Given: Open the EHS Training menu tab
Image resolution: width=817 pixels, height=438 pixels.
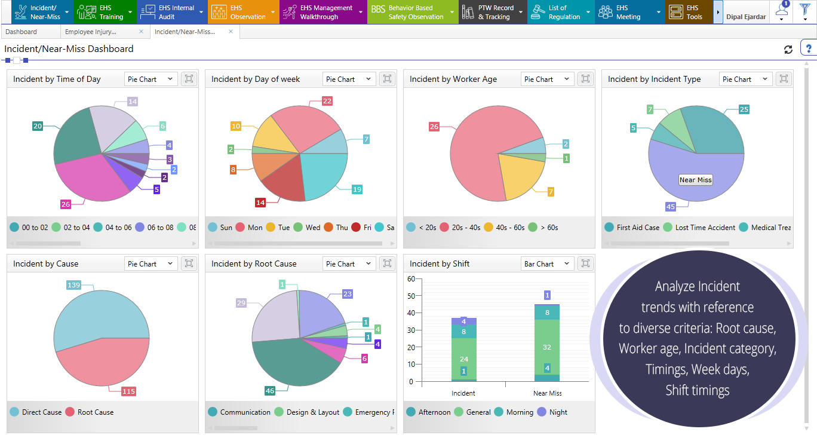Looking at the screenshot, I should pos(104,12).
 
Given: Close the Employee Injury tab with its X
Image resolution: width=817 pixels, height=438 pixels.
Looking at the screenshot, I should pos(142,32).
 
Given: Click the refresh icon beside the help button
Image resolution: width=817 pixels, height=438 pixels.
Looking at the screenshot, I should pos(788,50).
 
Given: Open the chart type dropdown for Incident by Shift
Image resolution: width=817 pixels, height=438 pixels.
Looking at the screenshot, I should pos(548,264).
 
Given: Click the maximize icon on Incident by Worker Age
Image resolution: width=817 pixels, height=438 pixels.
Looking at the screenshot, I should pos(585,79).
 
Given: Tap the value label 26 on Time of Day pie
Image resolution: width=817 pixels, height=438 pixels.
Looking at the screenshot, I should pos(66,204).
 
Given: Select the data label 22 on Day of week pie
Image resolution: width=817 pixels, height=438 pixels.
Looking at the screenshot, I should pos(327,101).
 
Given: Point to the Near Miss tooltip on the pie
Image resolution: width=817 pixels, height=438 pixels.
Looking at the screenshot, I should pos(696,180).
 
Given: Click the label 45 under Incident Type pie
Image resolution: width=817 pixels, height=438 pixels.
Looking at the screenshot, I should pos(671,207).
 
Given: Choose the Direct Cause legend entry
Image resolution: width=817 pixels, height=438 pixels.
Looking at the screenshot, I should pos(36,412).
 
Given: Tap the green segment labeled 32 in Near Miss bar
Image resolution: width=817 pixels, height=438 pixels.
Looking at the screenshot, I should pos(547,347).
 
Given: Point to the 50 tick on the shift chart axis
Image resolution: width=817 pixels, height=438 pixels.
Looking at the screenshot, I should pos(410,296).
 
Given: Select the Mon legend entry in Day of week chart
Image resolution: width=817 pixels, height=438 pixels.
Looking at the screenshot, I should pos(249,228).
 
